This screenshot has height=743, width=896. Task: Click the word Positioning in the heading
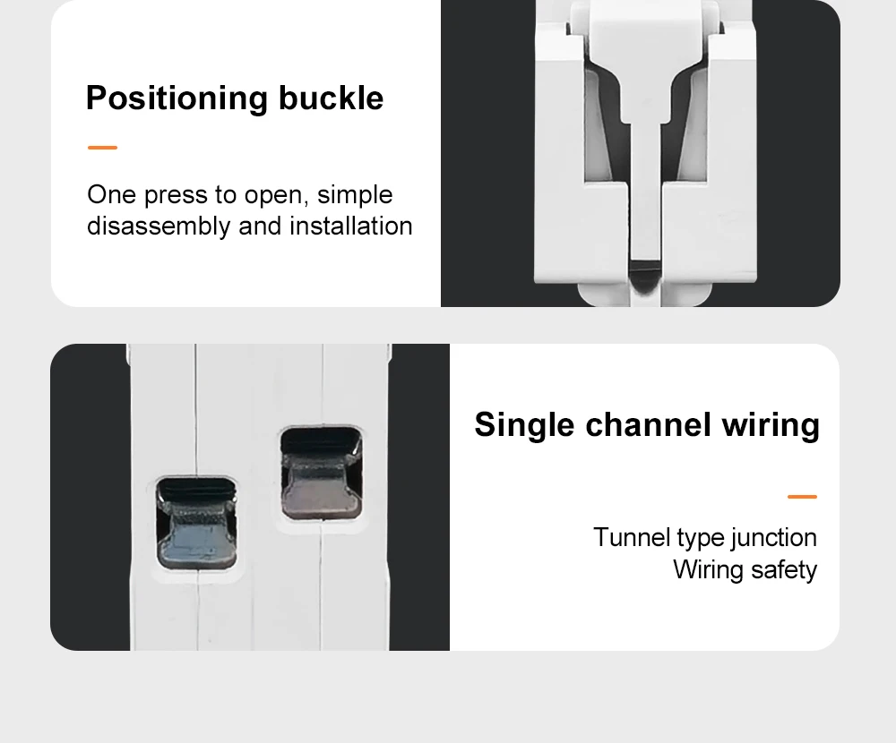click(177, 98)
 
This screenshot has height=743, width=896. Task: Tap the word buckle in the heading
click(331, 98)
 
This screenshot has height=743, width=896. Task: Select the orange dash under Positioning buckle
click(102, 148)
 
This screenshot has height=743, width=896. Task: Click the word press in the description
click(176, 196)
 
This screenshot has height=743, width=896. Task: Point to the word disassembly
click(159, 226)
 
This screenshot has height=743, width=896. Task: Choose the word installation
click(351, 226)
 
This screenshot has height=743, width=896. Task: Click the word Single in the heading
click(524, 425)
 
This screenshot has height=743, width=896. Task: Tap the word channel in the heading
click(648, 424)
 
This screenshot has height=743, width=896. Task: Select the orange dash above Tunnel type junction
click(802, 497)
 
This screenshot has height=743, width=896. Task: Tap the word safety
click(784, 570)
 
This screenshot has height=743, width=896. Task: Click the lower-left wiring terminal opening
click(196, 523)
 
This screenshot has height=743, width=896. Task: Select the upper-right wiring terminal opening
click(321, 473)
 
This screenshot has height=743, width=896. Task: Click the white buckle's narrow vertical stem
click(646, 189)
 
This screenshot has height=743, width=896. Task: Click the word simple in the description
click(355, 196)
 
